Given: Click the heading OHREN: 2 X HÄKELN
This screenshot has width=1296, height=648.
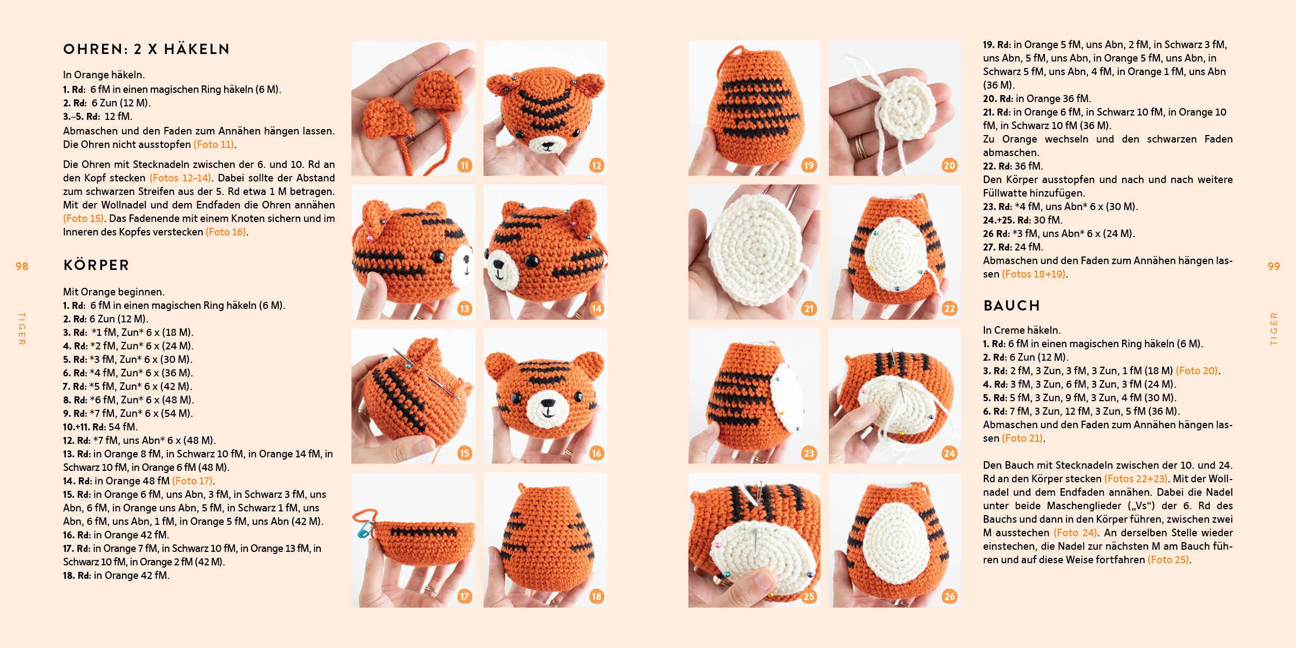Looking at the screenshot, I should point(146,49).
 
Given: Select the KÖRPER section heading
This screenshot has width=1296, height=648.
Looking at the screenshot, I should point(96,265).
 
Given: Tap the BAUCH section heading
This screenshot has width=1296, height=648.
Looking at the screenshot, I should point(1011,306).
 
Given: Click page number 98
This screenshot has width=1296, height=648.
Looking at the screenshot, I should point(22,266).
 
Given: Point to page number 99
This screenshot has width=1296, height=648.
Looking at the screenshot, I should point(1273,266).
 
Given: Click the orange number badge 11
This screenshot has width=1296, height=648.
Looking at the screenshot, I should point(464,165).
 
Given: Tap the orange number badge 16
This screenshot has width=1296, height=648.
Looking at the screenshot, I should point(596,453).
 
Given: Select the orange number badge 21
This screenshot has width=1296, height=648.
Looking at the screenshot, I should point(808,309).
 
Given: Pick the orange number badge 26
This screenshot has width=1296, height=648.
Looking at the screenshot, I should point(949,597).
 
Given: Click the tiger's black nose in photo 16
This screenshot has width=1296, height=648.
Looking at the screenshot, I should point(547,403).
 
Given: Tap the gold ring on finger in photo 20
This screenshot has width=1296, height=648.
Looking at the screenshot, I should point(860,147).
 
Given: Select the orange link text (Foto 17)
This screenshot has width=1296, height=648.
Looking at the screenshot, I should point(193,481).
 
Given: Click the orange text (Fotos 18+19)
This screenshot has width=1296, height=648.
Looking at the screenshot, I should point(1034,274).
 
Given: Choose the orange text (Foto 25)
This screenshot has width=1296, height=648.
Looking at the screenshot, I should point(1168,559).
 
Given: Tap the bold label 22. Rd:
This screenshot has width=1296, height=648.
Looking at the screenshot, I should point(997,166).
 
